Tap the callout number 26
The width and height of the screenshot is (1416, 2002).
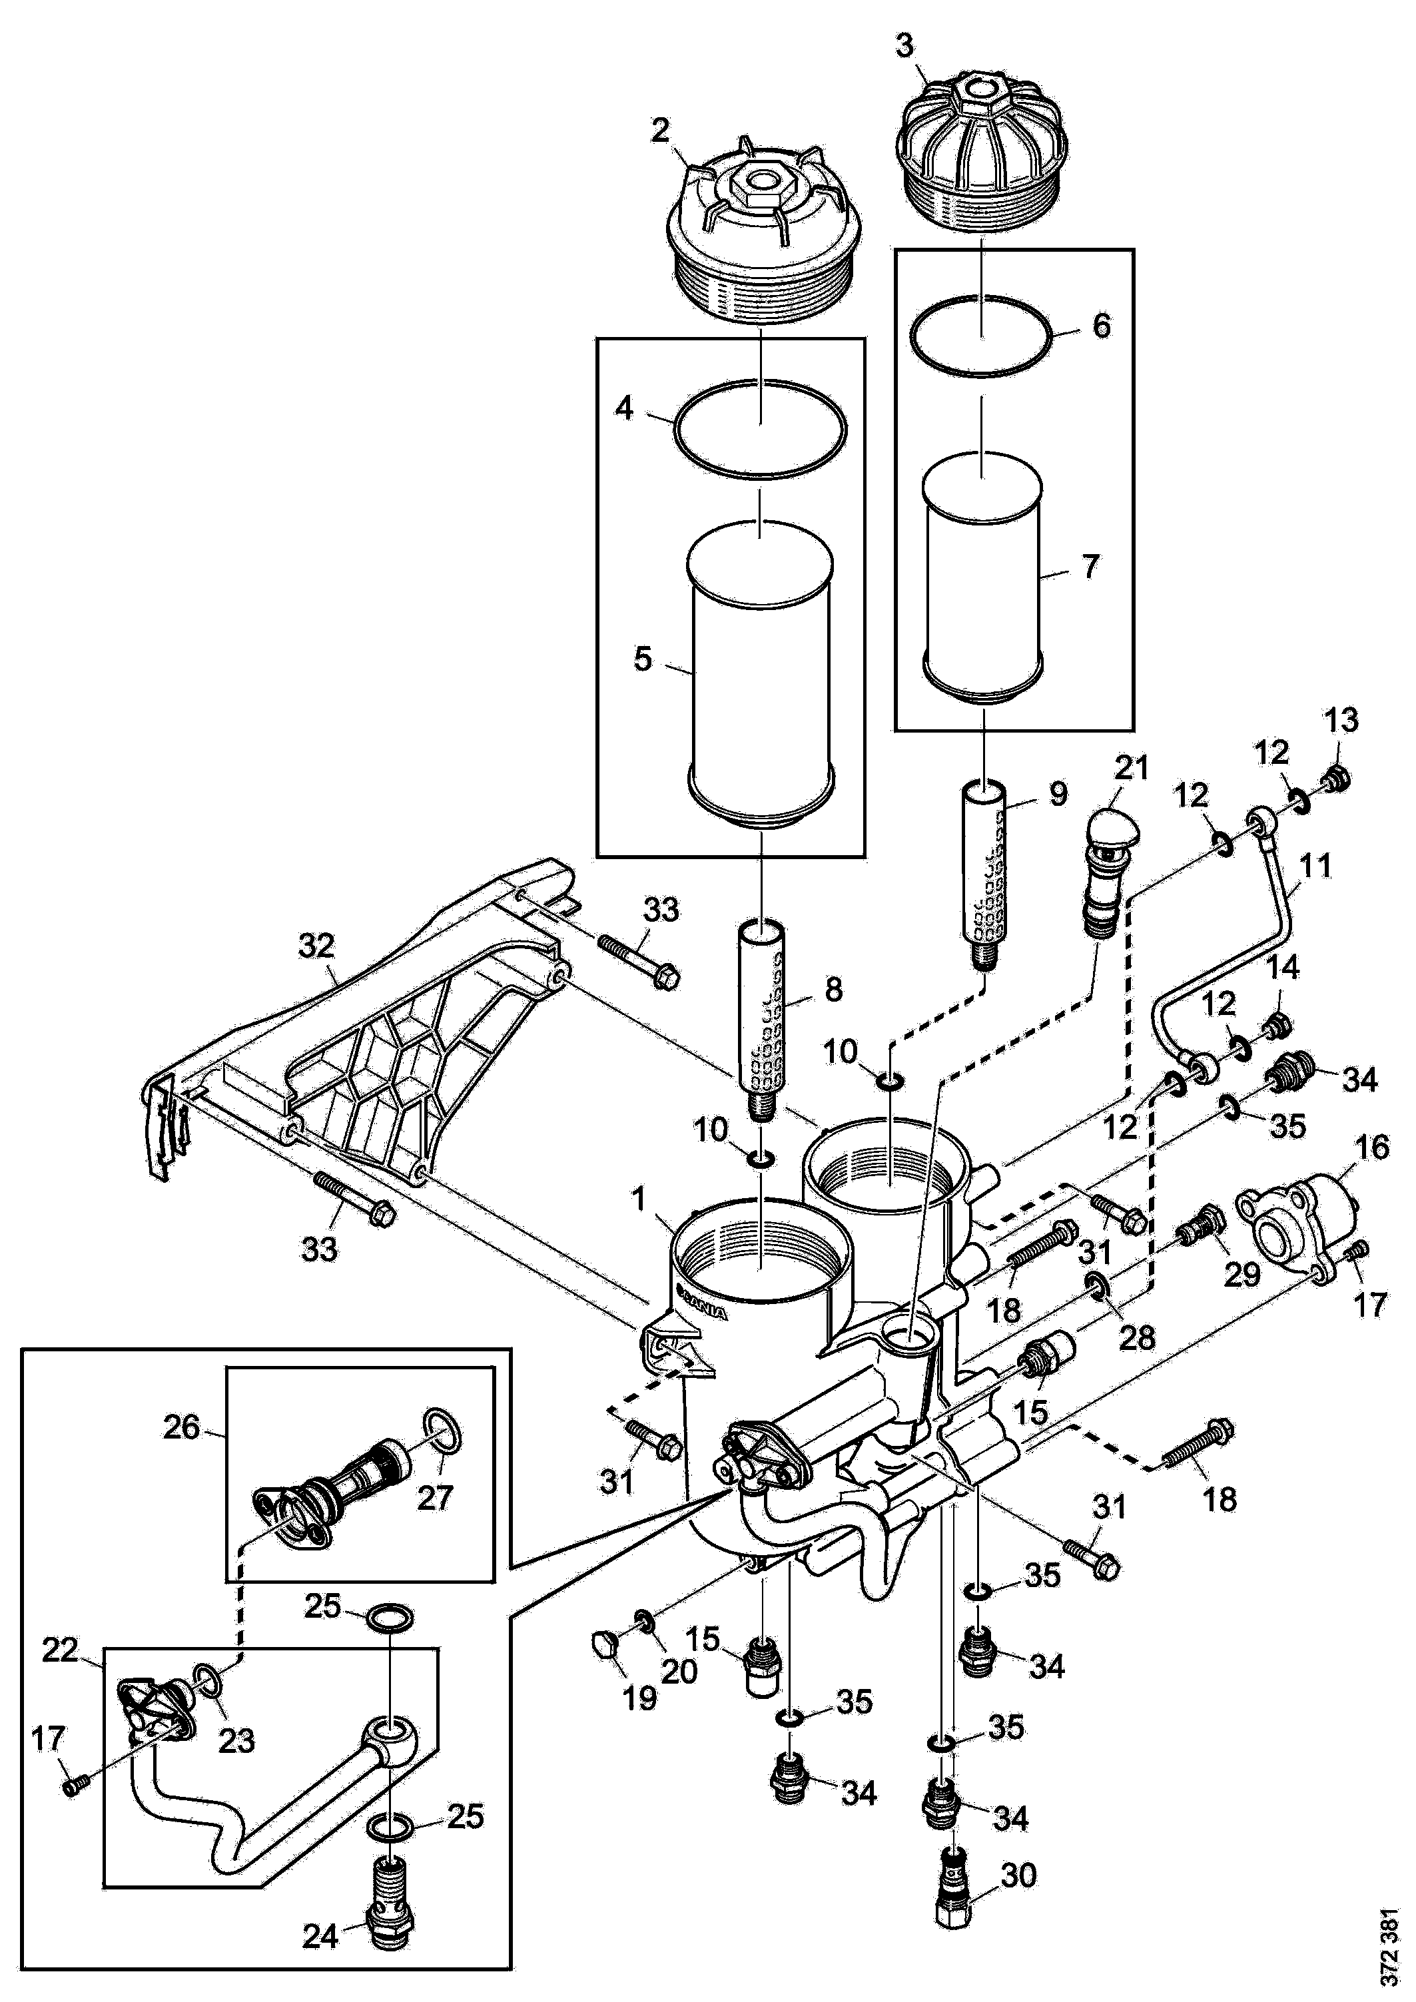point(181,1429)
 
